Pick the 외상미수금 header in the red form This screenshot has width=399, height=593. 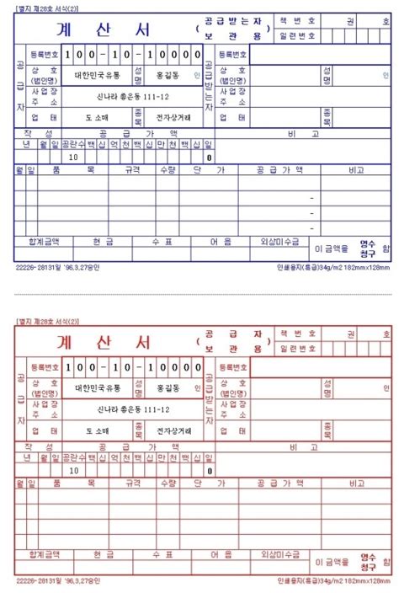pyautogui.click(x=279, y=554)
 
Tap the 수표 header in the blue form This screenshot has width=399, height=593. pyautogui.click(x=162, y=242)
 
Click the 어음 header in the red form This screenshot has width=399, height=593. pyautogui.click(x=221, y=554)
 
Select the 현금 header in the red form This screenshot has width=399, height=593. pyautogui.click(x=103, y=554)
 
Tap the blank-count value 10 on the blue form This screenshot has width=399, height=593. pyautogui.click(x=74, y=157)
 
